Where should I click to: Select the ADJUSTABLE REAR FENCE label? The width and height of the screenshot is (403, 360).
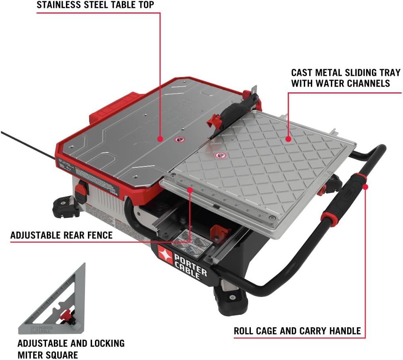(61, 235)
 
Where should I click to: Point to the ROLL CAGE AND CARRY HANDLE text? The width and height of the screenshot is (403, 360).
(297, 331)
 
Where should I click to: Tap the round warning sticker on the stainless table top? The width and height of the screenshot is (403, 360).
(179, 140)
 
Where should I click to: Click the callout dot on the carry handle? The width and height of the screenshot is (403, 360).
(365, 187)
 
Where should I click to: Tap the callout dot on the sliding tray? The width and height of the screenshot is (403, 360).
(288, 139)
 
